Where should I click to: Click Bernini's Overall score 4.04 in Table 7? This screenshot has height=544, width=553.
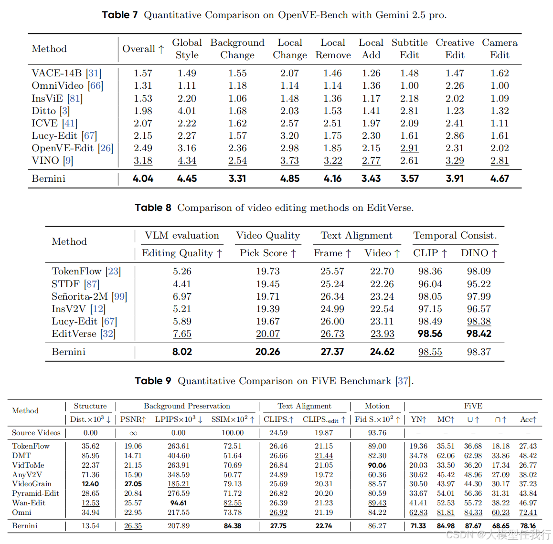coord(143,178)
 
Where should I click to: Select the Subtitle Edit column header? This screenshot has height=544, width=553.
coord(409,49)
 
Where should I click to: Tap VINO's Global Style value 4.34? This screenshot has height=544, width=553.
coord(187,161)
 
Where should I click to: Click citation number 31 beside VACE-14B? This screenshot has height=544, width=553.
coord(94,73)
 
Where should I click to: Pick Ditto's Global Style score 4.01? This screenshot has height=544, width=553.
coord(187,111)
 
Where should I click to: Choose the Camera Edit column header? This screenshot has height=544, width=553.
coord(500,49)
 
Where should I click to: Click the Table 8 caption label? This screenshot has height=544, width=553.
coord(153,208)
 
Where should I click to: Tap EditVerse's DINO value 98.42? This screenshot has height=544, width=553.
coord(479,334)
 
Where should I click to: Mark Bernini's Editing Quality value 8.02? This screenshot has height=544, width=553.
coord(182,352)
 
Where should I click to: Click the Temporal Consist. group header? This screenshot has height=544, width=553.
coord(455,235)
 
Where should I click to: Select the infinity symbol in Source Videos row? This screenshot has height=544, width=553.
coord(133,433)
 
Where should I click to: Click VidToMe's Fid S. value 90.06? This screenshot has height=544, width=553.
coord(377,465)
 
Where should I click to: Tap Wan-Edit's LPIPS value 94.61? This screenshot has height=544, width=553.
coord(179,503)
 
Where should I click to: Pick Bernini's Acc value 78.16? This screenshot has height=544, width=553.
coord(528,526)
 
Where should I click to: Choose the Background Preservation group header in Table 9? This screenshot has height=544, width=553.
coord(187,406)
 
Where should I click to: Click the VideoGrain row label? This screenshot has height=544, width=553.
coord(32,484)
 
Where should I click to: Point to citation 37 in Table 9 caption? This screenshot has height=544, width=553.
coord(403,381)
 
